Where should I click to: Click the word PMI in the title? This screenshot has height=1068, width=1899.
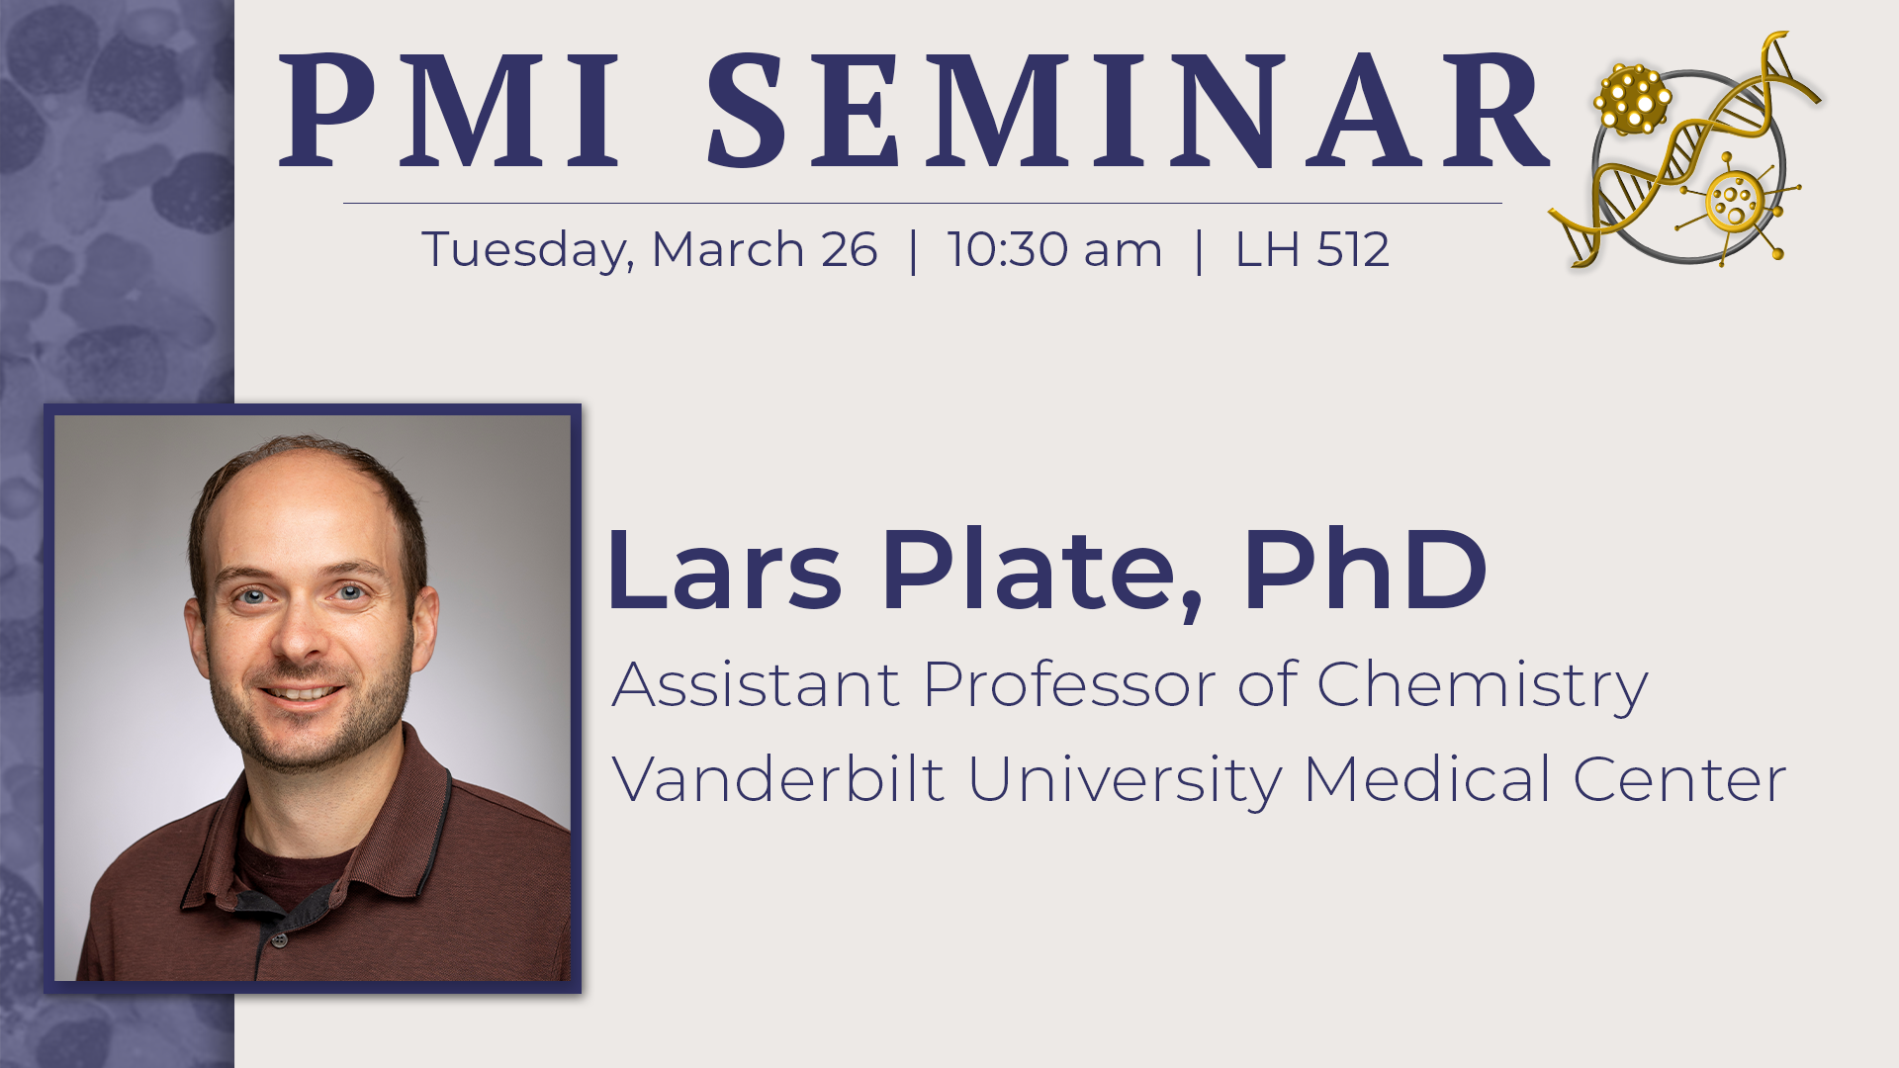[450, 111]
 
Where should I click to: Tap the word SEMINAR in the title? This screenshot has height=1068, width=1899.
[1127, 111]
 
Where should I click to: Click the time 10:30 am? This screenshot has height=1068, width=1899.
[1054, 249]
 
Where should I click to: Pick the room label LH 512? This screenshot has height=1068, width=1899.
[1312, 249]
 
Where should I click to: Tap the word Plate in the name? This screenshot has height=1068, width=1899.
[1041, 572]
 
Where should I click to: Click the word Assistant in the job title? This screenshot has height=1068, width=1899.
[757, 684]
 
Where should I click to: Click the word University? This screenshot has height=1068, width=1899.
[1125, 780]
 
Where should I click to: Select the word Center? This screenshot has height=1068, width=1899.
[1679, 779]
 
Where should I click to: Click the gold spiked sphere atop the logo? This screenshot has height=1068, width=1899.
[1631, 99]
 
